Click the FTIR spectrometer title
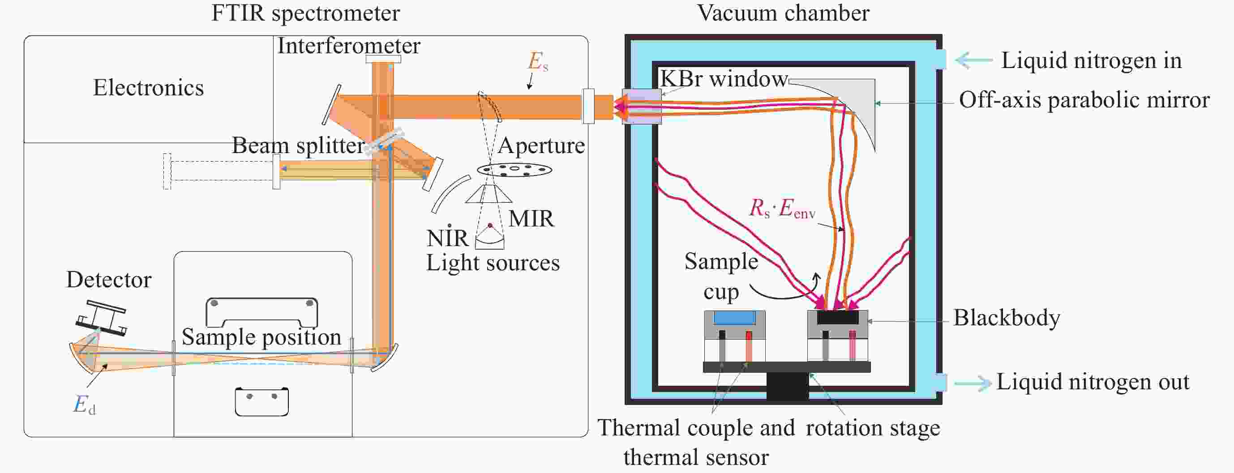[x=305, y=13]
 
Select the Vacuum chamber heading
[x=783, y=13]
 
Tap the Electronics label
[x=148, y=88]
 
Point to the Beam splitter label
[x=298, y=145]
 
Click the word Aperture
[x=541, y=145]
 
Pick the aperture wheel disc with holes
[x=514, y=169]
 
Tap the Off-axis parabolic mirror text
[x=1084, y=101]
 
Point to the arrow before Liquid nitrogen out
[x=973, y=383]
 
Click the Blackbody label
[x=1007, y=318]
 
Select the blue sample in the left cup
[x=734, y=318]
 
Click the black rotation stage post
[x=787, y=386]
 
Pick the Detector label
[x=109, y=280]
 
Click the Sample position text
[x=261, y=337]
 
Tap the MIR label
[x=531, y=219]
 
